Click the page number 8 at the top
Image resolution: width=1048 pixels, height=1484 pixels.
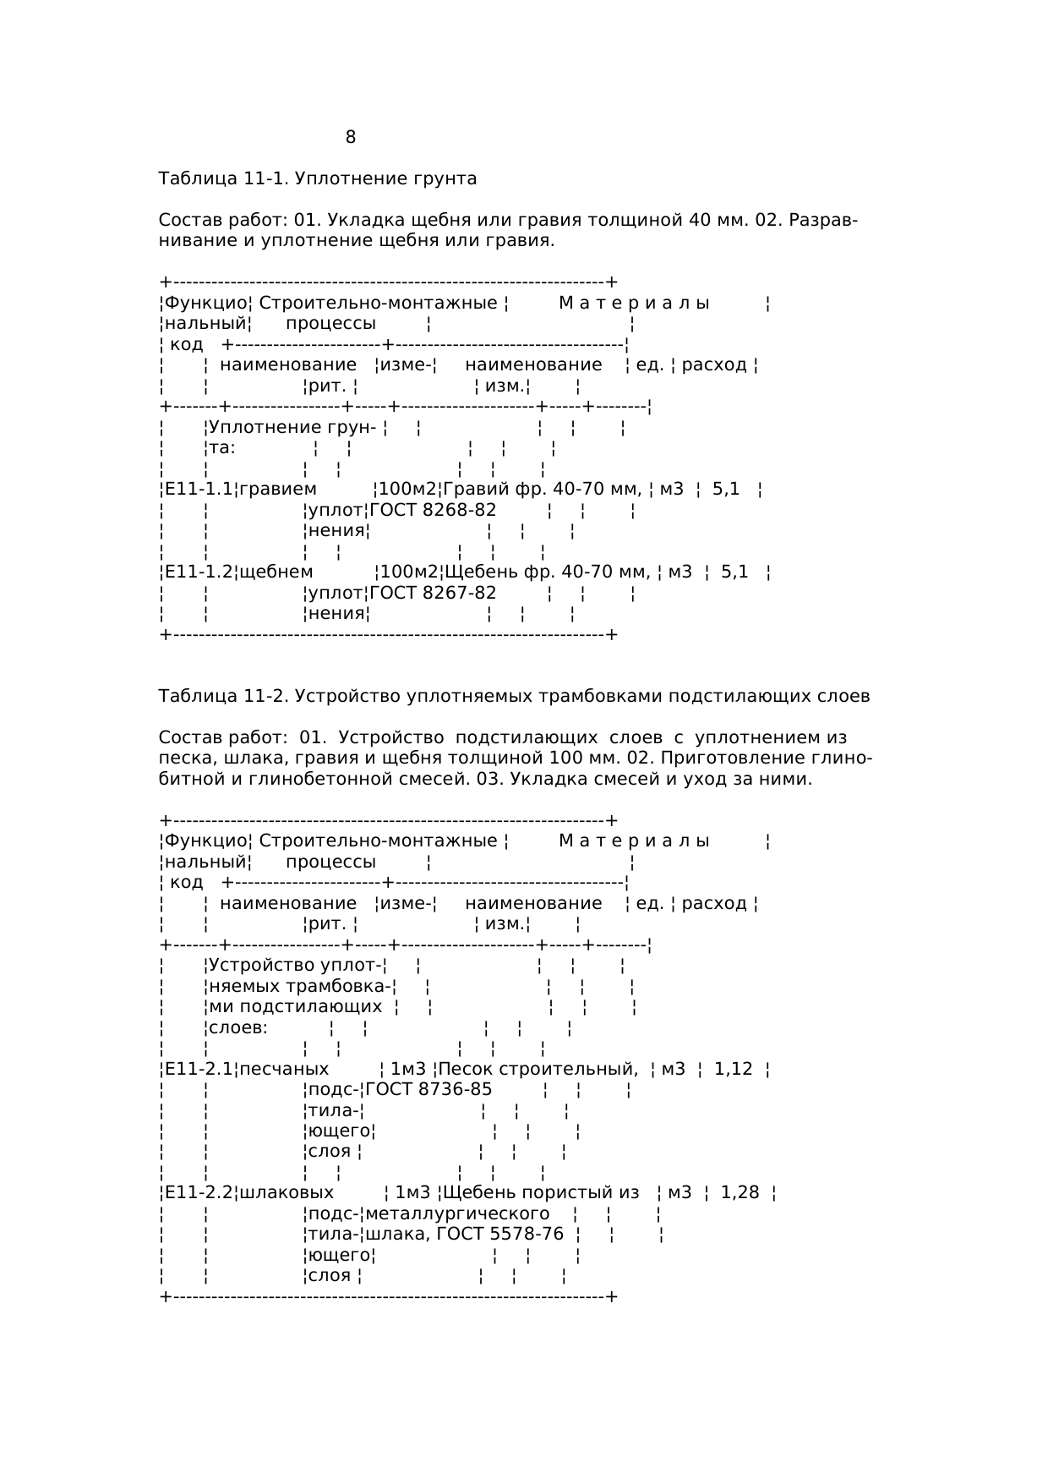351,137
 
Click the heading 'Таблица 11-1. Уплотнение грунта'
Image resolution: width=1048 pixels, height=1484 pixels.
318,178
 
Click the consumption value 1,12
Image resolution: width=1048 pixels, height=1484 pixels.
734,1069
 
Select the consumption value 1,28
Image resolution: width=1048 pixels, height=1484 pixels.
740,1193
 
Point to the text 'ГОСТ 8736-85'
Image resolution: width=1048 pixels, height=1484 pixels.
428,1089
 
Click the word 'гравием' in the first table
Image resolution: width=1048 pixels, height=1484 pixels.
278,489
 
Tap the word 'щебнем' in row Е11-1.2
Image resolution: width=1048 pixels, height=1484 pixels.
276,572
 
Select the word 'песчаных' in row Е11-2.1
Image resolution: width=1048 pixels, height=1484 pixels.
284,1069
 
